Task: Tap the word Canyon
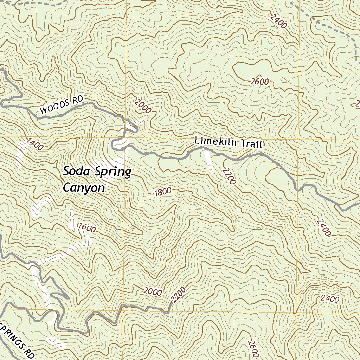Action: pos(84,188)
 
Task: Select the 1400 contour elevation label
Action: pos(35,144)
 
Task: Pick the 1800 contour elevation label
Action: pos(163,192)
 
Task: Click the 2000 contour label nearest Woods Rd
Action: pos(143,106)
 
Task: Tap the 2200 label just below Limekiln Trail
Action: pos(229,176)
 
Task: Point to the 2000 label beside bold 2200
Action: pos(153,291)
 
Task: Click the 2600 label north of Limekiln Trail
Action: pos(260,82)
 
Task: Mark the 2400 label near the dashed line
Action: pos(279,21)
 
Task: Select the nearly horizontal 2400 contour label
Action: pos(330,299)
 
